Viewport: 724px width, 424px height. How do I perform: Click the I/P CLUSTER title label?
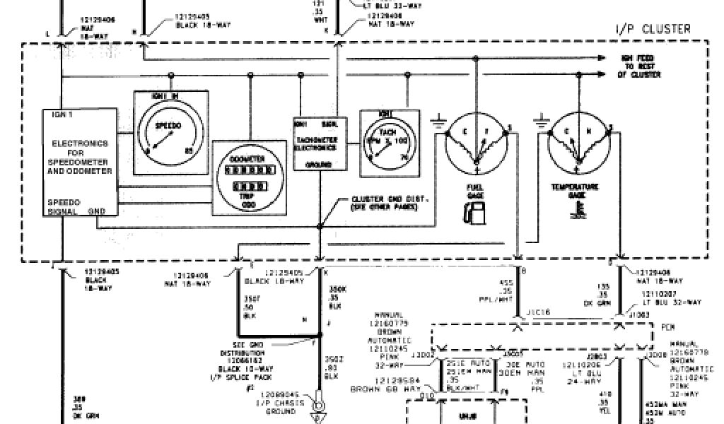(652, 29)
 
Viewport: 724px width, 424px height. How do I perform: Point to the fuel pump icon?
(472, 210)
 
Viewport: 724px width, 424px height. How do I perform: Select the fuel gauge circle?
(477, 143)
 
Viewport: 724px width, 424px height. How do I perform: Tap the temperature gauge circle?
(578, 144)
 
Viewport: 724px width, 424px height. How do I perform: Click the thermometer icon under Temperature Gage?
(580, 209)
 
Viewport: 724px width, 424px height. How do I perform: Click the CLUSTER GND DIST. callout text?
(384, 204)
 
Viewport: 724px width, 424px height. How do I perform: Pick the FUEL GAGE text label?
(475, 189)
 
